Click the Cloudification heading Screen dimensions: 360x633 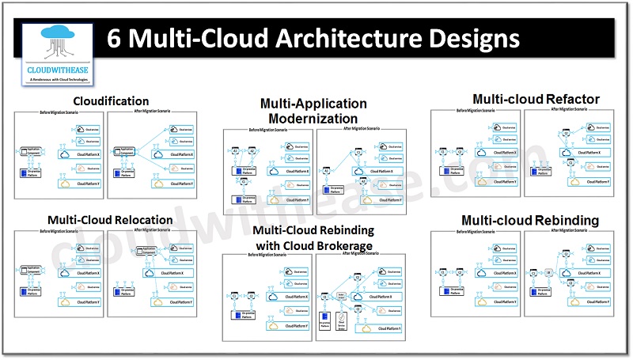click(111, 101)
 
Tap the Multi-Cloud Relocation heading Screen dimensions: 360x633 click(110, 220)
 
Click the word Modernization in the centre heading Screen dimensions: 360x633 click(315, 118)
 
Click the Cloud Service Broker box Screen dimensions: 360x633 click(342, 324)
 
